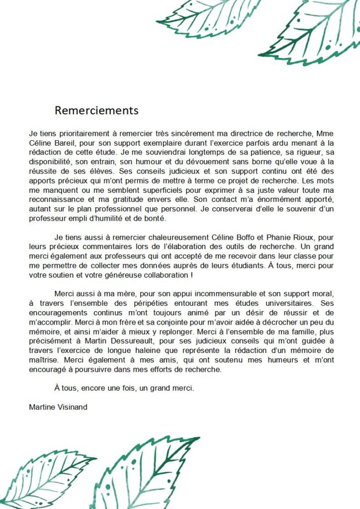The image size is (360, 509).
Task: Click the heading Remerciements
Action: click(x=96, y=110)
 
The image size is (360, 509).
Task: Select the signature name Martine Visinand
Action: click(x=58, y=407)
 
